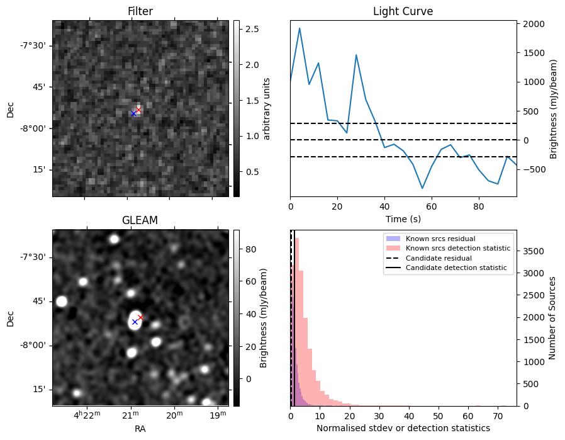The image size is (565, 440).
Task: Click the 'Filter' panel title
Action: click(140, 11)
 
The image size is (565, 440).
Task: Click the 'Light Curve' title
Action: click(403, 11)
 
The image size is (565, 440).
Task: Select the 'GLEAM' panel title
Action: click(140, 220)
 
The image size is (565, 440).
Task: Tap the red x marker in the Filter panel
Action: click(138, 110)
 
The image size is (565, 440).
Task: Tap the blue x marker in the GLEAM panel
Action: click(135, 322)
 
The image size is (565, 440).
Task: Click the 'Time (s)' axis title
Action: click(403, 218)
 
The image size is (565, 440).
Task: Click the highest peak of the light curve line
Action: click(299, 28)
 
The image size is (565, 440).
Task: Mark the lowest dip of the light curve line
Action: click(422, 188)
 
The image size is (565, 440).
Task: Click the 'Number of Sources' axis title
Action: click(552, 318)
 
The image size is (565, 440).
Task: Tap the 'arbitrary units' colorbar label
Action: click(267, 108)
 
